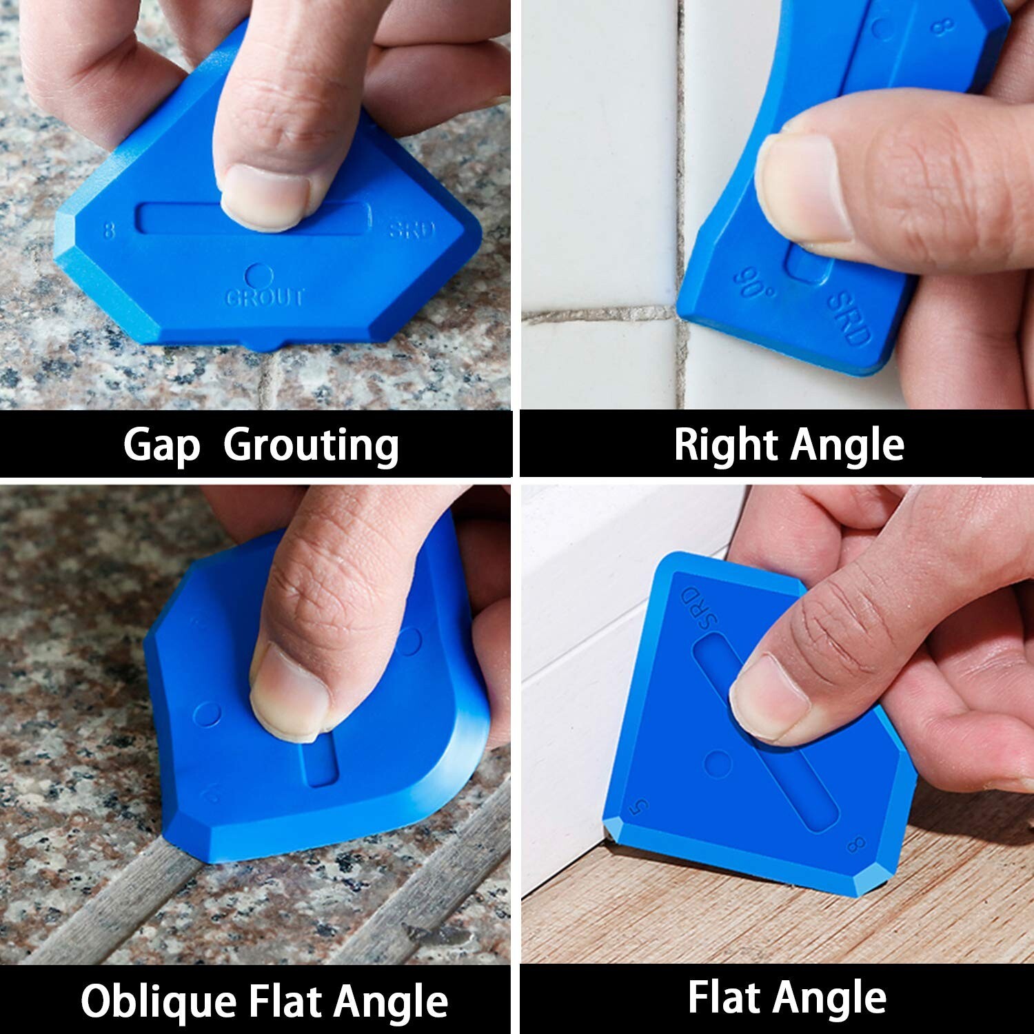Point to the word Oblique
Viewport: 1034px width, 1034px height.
pos(158,1001)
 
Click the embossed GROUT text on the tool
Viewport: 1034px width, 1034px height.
pos(265,298)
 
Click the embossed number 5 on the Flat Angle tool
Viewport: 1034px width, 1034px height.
pos(642,805)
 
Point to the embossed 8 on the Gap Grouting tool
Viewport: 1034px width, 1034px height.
pos(109,230)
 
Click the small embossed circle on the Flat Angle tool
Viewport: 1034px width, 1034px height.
pos(719,764)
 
